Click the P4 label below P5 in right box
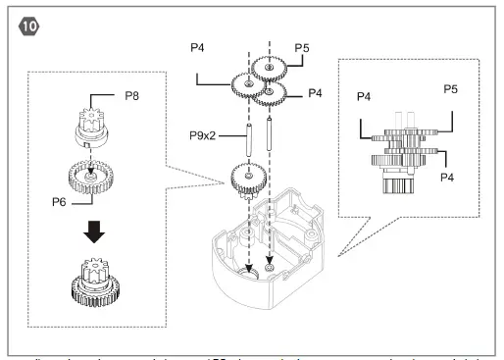[447, 178]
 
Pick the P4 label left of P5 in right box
[362, 97]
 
